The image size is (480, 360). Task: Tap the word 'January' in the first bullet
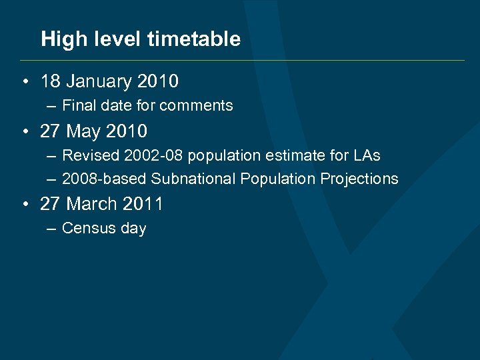(x=98, y=82)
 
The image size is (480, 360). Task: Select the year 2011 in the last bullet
(x=145, y=204)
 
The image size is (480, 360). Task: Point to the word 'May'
(x=83, y=131)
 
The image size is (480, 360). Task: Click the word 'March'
(x=93, y=204)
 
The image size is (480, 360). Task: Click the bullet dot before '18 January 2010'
(x=24, y=82)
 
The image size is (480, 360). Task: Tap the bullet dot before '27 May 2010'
(x=24, y=131)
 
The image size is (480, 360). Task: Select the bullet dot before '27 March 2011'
(x=24, y=204)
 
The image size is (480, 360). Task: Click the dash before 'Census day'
(x=52, y=228)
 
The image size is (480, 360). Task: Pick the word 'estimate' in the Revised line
(x=285, y=155)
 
